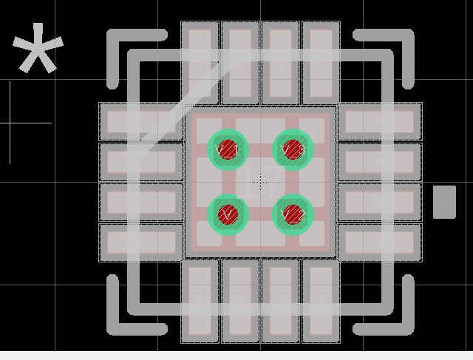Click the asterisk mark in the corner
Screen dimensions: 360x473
(x=37, y=50)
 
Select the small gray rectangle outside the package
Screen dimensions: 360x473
(x=444, y=202)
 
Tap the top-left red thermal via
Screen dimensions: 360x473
(x=228, y=149)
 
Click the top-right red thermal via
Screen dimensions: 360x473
(x=293, y=149)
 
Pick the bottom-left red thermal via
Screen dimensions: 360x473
(x=228, y=215)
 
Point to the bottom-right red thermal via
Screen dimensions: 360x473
(x=293, y=215)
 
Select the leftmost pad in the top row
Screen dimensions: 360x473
(x=200, y=63)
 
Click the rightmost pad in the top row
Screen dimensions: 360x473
(x=321, y=63)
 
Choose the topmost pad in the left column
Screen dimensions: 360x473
(x=141, y=121)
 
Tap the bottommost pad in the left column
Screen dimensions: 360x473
(x=141, y=242)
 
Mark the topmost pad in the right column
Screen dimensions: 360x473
(x=380, y=121)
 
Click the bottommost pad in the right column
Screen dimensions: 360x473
(x=380, y=242)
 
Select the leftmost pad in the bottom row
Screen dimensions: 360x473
(x=200, y=302)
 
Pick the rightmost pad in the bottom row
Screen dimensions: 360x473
(x=321, y=302)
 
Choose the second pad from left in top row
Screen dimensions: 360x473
(x=240, y=63)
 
